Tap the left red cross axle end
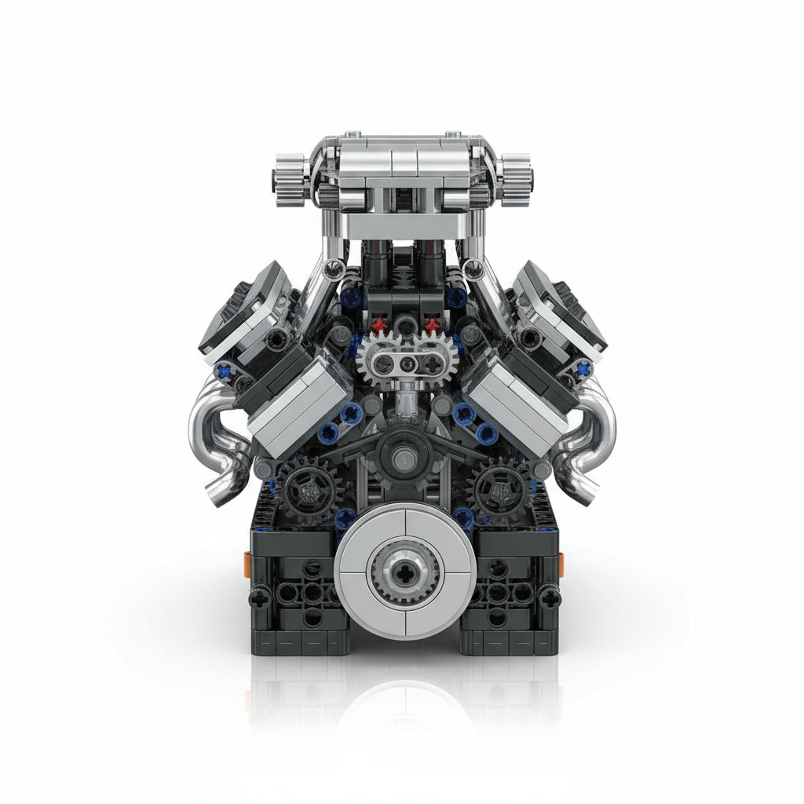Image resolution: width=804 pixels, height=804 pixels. point(381,323)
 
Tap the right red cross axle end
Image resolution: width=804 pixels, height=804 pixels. point(429,323)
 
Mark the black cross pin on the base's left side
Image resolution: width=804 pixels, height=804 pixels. point(259,598)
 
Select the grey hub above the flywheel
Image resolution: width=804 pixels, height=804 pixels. point(402,453)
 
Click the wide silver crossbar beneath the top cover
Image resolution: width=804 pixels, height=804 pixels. point(401,226)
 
